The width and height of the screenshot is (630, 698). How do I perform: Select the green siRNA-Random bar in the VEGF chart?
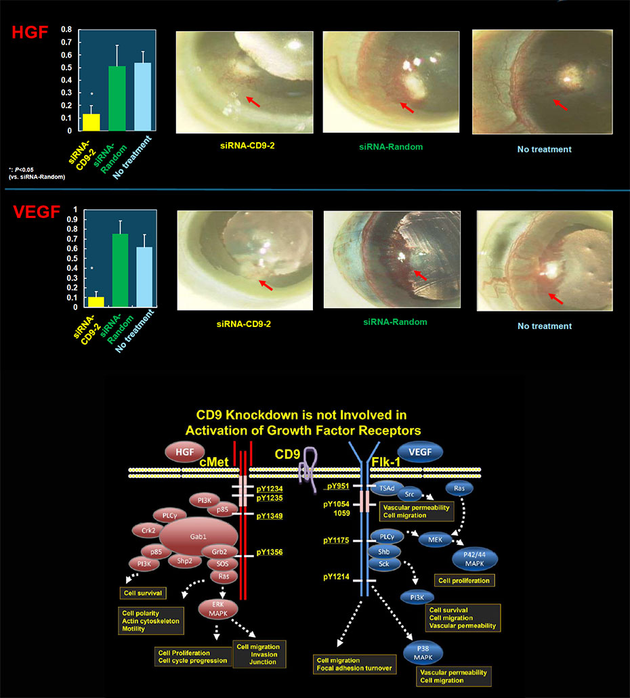pyautogui.click(x=120, y=270)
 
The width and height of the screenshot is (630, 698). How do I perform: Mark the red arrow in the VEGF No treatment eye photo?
pyautogui.click(x=556, y=297)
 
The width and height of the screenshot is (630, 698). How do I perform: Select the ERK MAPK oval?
pyautogui.click(x=218, y=609)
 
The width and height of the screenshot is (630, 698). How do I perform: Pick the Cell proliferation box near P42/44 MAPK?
pyautogui.click(x=464, y=580)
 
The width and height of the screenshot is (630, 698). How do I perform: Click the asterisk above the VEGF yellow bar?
pyautogui.click(x=91, y=269)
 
